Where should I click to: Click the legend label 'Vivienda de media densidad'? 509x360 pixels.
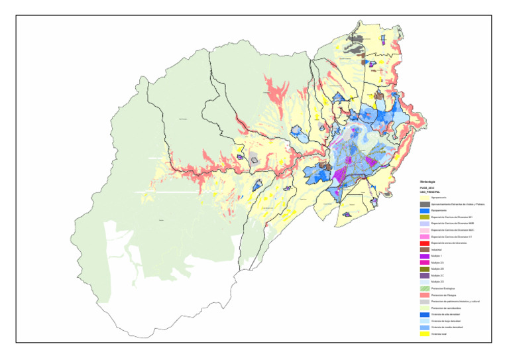[x=447, y=328]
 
